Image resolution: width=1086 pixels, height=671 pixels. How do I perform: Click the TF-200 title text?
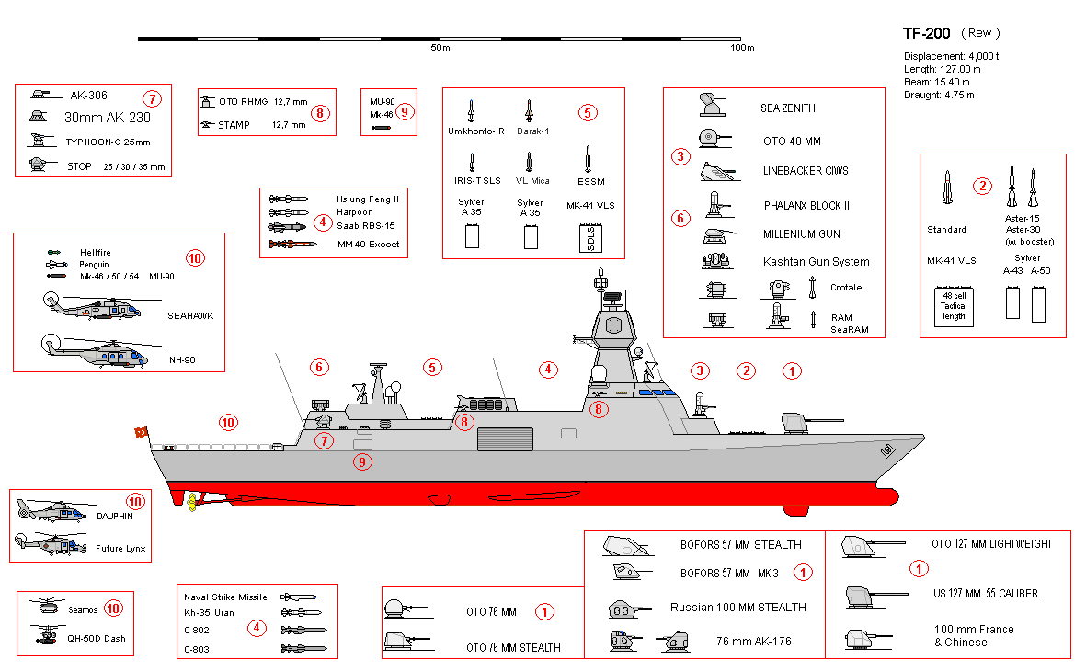(926, 33)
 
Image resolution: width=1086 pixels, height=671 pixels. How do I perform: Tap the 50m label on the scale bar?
(440, 48)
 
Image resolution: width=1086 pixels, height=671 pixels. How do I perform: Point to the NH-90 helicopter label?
(182, 360)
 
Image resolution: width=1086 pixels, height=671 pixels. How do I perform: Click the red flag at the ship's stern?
(142, 432)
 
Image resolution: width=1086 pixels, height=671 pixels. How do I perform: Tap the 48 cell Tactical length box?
(954, 306)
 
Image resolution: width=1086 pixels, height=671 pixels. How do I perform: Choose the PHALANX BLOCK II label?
(806, 206)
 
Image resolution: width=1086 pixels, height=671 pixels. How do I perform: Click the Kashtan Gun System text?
(816, 262)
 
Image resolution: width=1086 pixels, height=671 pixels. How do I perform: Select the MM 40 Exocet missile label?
(368, 245)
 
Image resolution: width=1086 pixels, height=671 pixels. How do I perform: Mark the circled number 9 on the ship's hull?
(362, 461)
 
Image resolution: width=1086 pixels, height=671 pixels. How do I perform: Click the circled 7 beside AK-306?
(152, 98)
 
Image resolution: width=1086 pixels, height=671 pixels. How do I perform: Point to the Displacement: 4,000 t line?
(951, 56)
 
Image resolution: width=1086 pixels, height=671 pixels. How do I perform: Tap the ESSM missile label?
(590, 181)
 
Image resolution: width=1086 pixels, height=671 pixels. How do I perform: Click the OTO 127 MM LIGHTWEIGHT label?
(991, 544)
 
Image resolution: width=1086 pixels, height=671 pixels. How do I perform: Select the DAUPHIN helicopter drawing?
(51, 511)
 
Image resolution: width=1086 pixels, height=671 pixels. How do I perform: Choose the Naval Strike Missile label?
(225, 597)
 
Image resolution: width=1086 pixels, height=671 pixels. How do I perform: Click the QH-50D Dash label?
(97, 639)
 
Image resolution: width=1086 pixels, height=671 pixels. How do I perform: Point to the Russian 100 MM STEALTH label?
(737, 608)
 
